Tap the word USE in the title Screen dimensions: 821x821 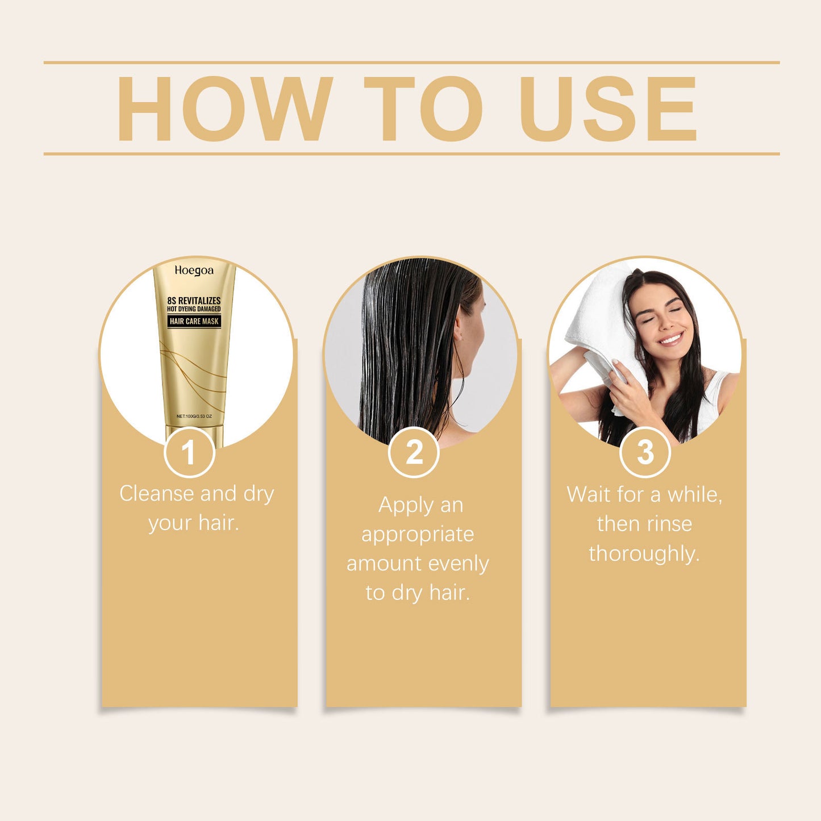tap(607, 109)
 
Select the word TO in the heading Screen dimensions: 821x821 tap(423, 109)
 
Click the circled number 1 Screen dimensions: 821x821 tap(189, 453)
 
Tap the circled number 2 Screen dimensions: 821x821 tap(414, 453)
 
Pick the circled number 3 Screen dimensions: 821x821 tap(645, 453)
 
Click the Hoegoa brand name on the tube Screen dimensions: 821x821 tap(194, 271)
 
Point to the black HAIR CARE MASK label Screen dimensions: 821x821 tap(194, 322)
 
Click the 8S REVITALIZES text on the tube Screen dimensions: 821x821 tap(194, 301)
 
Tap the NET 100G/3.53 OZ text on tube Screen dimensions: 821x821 tap(194, 416)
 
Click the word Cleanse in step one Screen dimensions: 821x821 tap(156, 494)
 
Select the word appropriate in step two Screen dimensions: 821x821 tap(418, 535)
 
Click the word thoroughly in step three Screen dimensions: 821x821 tap(644, 553)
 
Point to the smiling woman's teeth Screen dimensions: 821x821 tap(670, 339)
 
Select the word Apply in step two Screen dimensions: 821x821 tap(399, 506)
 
